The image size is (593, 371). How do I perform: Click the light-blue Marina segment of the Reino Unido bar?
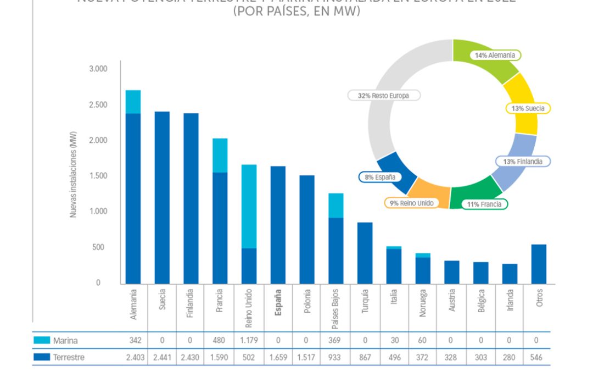(249, 206)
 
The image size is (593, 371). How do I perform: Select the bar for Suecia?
(162, 198)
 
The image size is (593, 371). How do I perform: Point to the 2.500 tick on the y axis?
(98, 105)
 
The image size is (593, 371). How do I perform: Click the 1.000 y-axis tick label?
(98, 212)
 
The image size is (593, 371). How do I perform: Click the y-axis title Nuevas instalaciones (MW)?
(74, 175)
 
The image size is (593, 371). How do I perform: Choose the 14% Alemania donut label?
(495, 56)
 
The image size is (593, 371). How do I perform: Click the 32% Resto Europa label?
(383, 95)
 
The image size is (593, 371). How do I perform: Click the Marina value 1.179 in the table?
(249, 341)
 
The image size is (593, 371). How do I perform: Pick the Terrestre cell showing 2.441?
(162, 358)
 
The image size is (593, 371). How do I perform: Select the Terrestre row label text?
(69, 358)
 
